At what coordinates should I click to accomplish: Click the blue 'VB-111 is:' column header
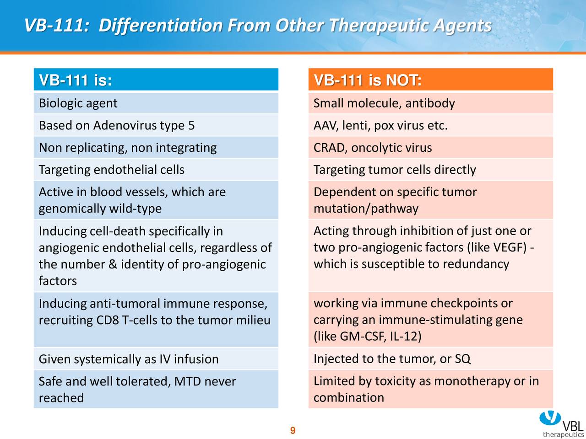(156, 80)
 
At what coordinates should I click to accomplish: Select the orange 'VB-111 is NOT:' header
(431, 80)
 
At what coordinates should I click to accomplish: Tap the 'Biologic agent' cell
(156, 103)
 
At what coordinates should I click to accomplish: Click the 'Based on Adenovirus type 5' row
(156, 125)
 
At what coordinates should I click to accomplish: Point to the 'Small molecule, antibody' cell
(431, 103)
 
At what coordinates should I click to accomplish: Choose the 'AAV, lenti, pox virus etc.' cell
(431, 125)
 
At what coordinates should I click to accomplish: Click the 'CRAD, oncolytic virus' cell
(431, 147)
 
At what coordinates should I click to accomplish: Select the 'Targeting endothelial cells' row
(156, 170)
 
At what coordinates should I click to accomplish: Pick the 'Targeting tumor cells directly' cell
(431, 170)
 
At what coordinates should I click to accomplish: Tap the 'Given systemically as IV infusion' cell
(156, 359)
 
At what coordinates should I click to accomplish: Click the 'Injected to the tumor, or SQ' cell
(431, 359)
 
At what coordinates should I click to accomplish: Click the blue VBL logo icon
(550, 418)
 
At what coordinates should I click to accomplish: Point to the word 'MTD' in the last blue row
(187, 381)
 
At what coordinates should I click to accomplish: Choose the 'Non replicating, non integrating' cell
(156, 147)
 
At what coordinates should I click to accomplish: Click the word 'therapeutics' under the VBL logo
(563, 434)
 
